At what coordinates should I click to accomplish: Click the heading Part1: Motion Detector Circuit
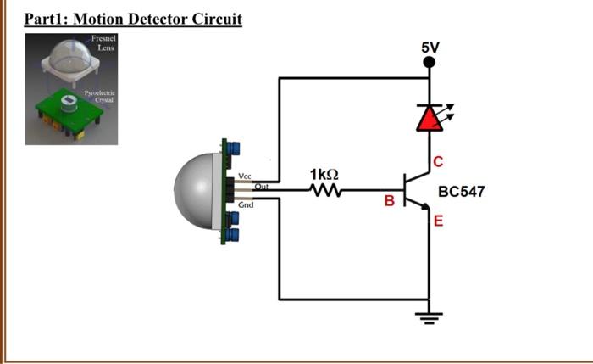pos(133,19)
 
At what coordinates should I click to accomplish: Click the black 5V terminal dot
pos(430,61)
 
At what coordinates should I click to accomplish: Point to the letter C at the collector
pos(438,162)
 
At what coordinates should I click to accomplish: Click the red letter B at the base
pos(389,202)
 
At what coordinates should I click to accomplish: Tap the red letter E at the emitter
pos(438,222)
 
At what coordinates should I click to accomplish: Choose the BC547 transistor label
pos(462,193)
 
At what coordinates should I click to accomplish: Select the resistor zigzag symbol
pos(325,192)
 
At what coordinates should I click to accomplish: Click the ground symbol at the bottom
pos(430,318)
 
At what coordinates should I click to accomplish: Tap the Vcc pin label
pos(245,176)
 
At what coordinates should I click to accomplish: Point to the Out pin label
pos(263,185)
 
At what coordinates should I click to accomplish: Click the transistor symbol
pos(416,191)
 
